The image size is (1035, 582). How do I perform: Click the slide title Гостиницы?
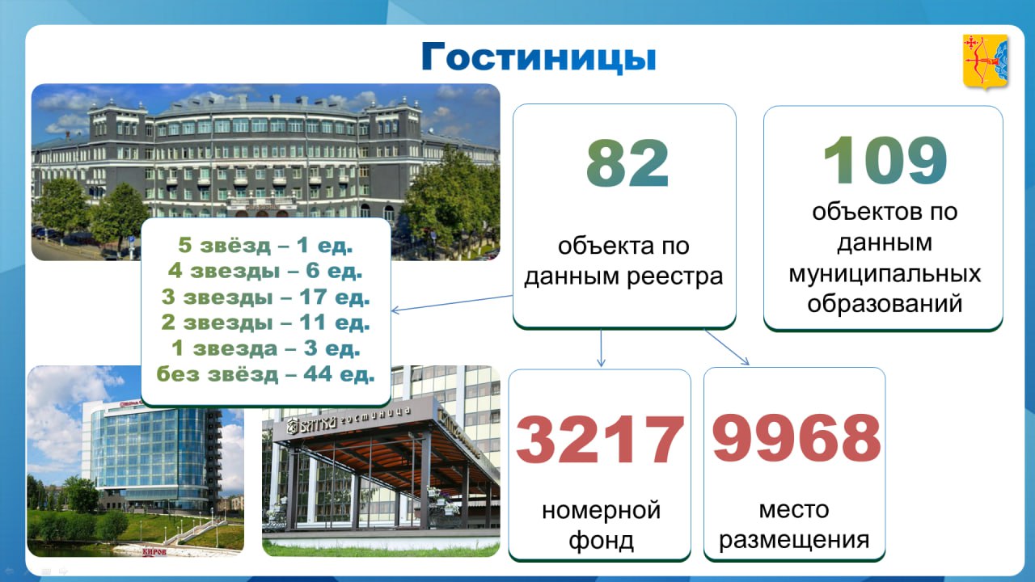[x=539, y=57]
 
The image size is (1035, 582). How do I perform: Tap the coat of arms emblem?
[x=985, y=61]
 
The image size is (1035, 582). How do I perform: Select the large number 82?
[x=627, y=163]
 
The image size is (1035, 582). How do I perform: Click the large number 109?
[x=885, y=160]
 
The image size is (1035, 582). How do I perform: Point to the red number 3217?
[x=600, y=439]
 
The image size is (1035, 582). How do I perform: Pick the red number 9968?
[x=796, y=437]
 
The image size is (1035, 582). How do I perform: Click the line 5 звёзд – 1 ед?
[x=266, y=245]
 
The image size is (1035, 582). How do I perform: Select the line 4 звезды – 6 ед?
[x=265, y=271]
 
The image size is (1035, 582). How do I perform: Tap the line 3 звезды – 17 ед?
[x=266, y=297]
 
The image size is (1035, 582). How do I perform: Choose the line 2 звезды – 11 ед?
[x=266, y=322]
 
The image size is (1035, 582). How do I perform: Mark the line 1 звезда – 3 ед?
[x=266, y=348]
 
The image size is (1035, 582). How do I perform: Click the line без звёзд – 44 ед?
[x=266, y=373]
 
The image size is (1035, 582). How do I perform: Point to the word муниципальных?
[x=885, y=273]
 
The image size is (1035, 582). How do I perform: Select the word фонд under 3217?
[x=601, y=541]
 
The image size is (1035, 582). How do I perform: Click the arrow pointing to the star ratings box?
[x=452, y=303]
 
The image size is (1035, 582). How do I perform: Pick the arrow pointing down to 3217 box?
[x=601, y=348]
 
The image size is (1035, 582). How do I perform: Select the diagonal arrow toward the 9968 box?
[x=727, y=348]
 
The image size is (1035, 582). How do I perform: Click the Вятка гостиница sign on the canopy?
[x=349, y=421]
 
